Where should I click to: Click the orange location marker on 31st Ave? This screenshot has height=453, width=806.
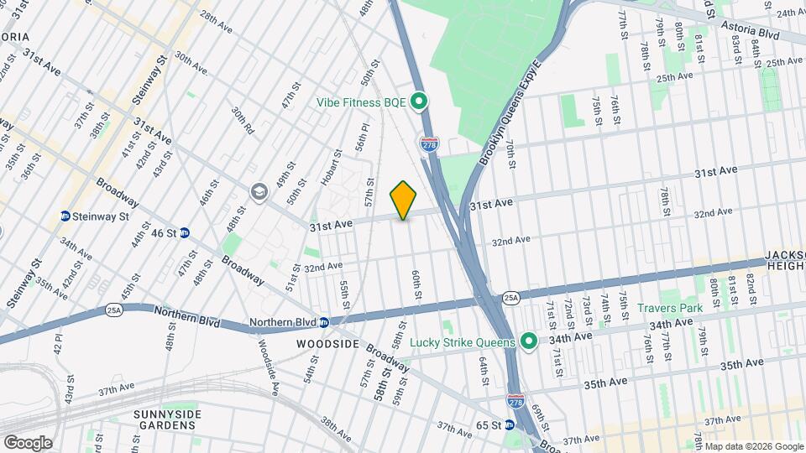[404, 200]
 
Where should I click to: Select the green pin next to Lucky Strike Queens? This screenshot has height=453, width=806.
[528, 341]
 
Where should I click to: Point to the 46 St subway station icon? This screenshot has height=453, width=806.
[186, 232]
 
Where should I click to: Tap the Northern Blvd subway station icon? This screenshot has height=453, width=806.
[324, 322]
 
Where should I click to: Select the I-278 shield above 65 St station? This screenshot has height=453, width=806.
[516, 401]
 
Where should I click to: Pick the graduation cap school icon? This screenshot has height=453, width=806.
[258, 192]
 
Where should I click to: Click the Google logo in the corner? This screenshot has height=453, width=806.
[28, 442]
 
